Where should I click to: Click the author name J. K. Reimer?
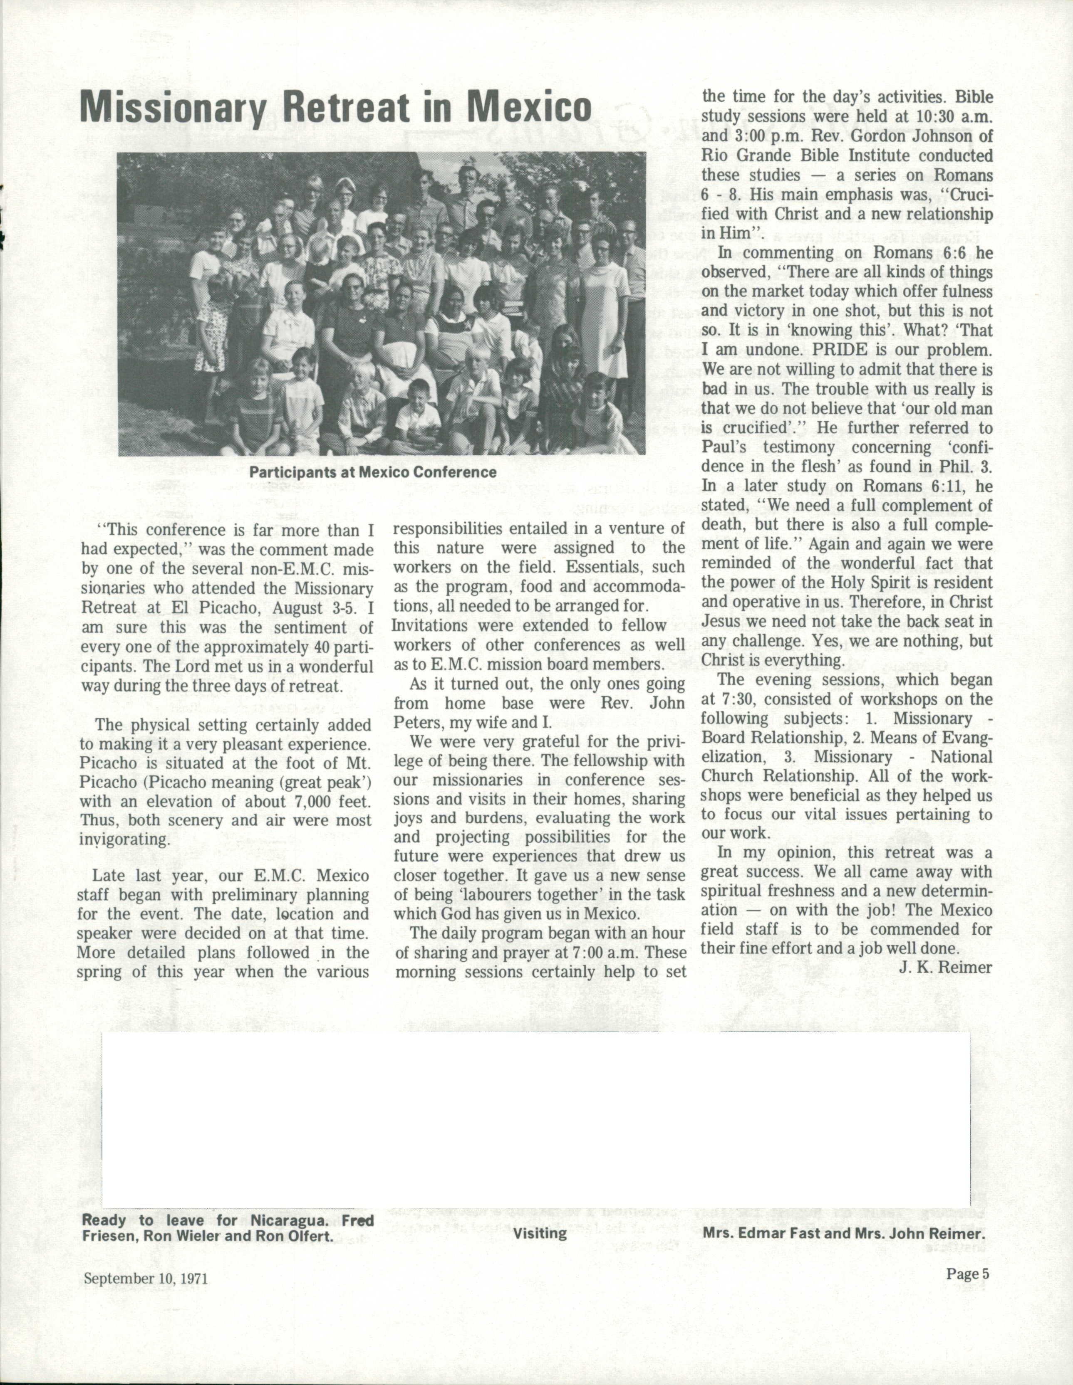pos(945,967)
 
